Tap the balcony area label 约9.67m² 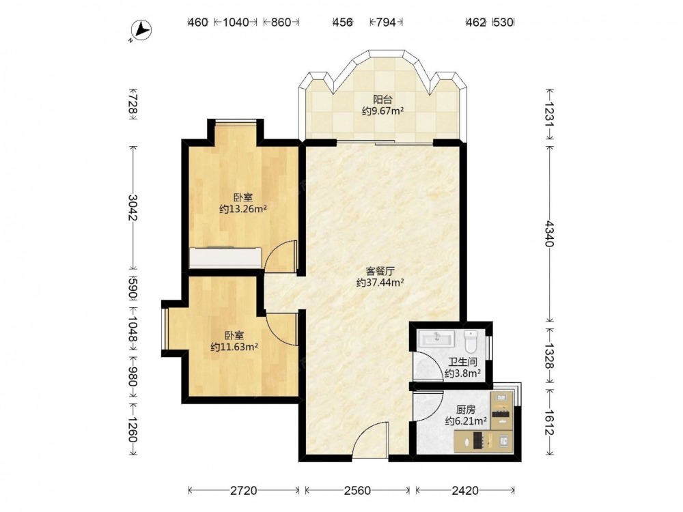[x=382, y=111]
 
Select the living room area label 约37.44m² [x=380, y=283]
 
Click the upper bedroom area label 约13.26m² [x=243, y=210]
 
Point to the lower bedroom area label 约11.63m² [x=234, y=347]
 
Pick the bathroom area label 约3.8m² [x=462, y=373]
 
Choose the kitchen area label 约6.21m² [x=466, y=421]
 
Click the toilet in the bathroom [x=471, y=341]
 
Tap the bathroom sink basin [x=436, y=339]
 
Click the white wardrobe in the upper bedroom [x=225, y=258]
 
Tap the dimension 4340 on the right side [x=549, y=233]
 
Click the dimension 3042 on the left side [x=133, y=208]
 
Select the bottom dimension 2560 [x=357, y=491]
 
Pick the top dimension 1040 [x=236, y=23]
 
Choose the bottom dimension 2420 [x=464, y=491]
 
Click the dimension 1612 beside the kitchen [x=549, y=423]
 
